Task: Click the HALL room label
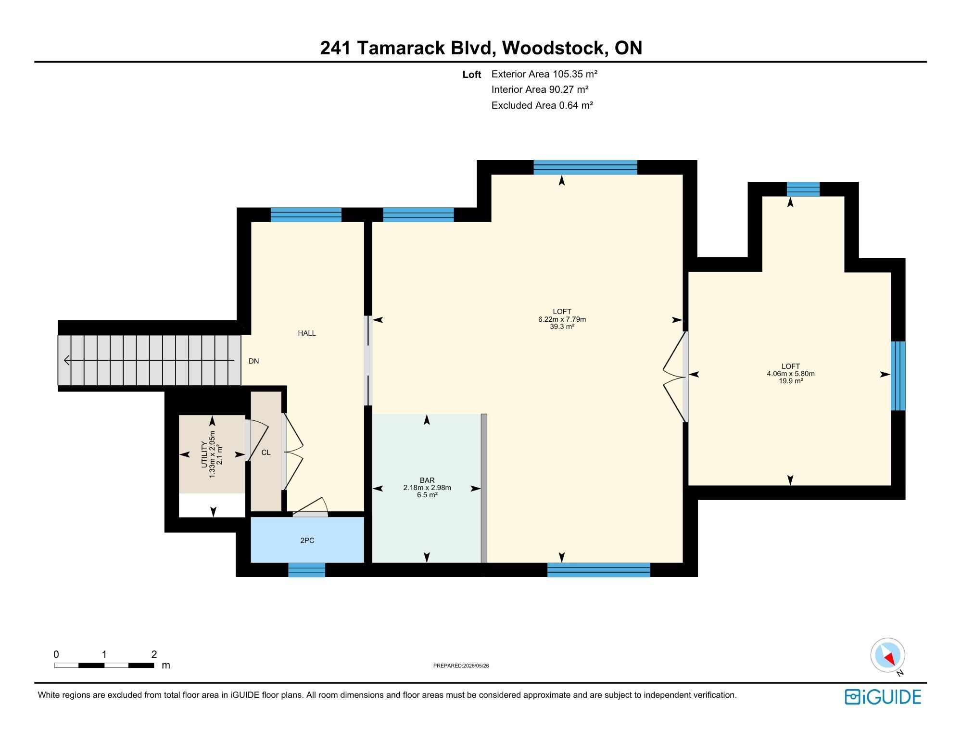coord(307,333)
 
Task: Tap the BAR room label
coord(427,480)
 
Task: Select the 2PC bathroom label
coord(307,540)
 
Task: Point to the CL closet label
coord(266,453)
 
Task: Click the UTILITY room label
coord(204,454)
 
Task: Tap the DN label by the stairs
coord(253,361)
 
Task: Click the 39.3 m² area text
coord(562,327)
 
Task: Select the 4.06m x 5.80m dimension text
coord(791,374)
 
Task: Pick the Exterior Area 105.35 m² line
coord(544,74)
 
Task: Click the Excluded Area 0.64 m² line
coord(542,105)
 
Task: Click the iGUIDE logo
coord(883,697)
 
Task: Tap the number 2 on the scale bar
coord(154,654)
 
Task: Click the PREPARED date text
coord(461,666)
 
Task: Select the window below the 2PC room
coord(307,570)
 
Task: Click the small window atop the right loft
coord(803,189)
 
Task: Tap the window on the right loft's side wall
coord(898,376)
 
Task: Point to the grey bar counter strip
coord(484,488)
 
